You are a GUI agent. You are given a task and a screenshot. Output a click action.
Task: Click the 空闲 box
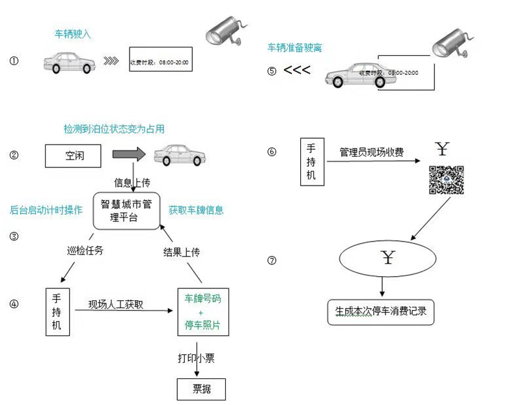[x=75, y=156]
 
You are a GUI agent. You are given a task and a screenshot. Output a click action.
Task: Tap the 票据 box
[x=201, y=389]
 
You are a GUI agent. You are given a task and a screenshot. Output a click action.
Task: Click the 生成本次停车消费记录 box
[x=380, y=311]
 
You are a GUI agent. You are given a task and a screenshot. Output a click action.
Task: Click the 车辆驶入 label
[x=73, y=33]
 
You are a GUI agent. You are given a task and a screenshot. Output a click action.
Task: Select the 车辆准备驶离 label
[x=295, y=48]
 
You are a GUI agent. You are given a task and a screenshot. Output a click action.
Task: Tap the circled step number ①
[x=14, y=61]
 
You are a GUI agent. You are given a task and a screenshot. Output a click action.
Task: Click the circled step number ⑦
[x=272, y=260]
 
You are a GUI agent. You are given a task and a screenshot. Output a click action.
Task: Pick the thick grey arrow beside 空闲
[x=131, y=156]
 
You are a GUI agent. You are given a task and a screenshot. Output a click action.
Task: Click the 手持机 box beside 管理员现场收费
[x=311, y=161]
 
